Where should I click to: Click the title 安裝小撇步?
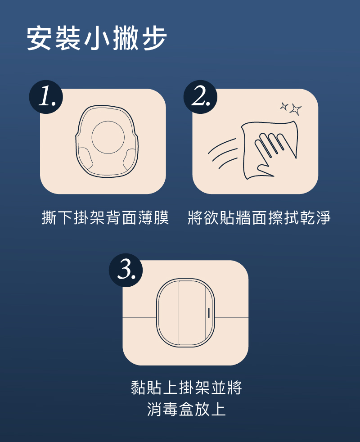97,38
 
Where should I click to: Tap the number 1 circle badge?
46,97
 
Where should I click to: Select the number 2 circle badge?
200,97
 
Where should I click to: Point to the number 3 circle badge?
126,271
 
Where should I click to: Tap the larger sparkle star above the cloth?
296,109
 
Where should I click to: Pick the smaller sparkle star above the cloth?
284,106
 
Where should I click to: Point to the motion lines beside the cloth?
222,153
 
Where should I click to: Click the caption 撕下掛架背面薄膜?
105,217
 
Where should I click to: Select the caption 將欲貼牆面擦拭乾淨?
259,217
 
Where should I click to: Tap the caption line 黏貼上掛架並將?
186,388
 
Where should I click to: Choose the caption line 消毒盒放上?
186,409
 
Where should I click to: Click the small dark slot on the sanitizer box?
209,313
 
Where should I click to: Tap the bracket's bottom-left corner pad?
85,159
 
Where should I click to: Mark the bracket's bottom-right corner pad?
130,160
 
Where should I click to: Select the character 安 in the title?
39,38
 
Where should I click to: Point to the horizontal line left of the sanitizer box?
139,318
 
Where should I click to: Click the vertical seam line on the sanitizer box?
179,313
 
